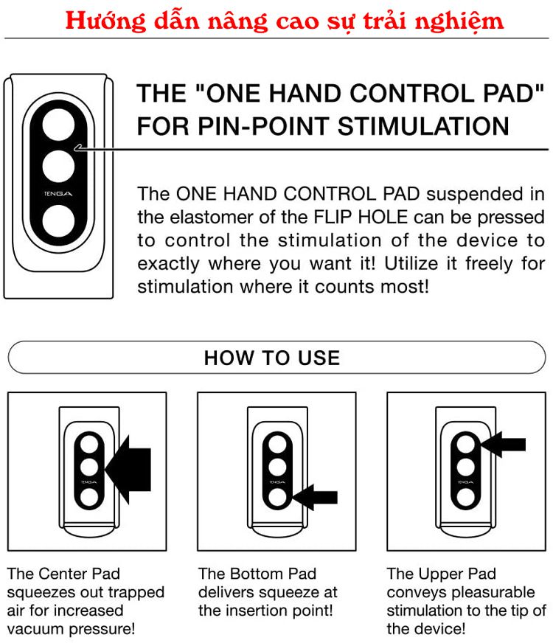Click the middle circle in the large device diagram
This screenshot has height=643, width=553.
[x=58, y=167]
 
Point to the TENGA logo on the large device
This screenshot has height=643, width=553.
[x=58, y=195]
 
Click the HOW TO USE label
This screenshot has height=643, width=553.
[x=272, y=358]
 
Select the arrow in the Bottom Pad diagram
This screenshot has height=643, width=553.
[x=314, y=498]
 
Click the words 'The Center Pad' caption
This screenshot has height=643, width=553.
[x=63, y=574]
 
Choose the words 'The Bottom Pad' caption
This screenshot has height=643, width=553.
[x=257, y=574]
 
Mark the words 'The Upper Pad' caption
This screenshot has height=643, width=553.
[x=441, y=574]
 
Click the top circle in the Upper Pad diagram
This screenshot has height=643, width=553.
[x=465, y=444]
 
